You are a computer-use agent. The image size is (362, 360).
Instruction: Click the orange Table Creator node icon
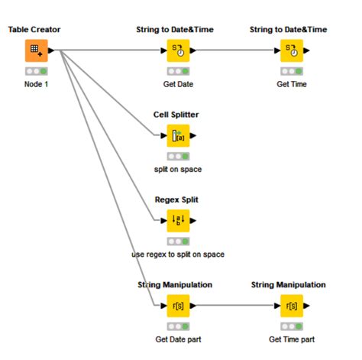35,51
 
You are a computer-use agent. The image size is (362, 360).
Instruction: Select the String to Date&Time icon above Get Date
177,51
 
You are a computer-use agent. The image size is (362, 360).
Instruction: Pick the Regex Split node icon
177,222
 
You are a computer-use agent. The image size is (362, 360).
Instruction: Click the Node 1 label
35,84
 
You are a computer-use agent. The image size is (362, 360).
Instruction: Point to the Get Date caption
177,84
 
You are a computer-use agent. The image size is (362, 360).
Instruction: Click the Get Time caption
292,84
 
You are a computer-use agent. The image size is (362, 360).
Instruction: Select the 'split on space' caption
177,169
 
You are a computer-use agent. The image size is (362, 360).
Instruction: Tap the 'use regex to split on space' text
177,254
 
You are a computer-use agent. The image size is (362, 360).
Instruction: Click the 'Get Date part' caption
177,339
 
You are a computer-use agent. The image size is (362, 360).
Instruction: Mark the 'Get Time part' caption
292,339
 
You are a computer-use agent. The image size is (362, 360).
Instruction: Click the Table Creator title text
34,30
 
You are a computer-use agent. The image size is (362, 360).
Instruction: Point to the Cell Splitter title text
177,115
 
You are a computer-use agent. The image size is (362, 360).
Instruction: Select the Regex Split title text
177,200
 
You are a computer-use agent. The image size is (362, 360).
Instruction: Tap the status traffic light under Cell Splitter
177,156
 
